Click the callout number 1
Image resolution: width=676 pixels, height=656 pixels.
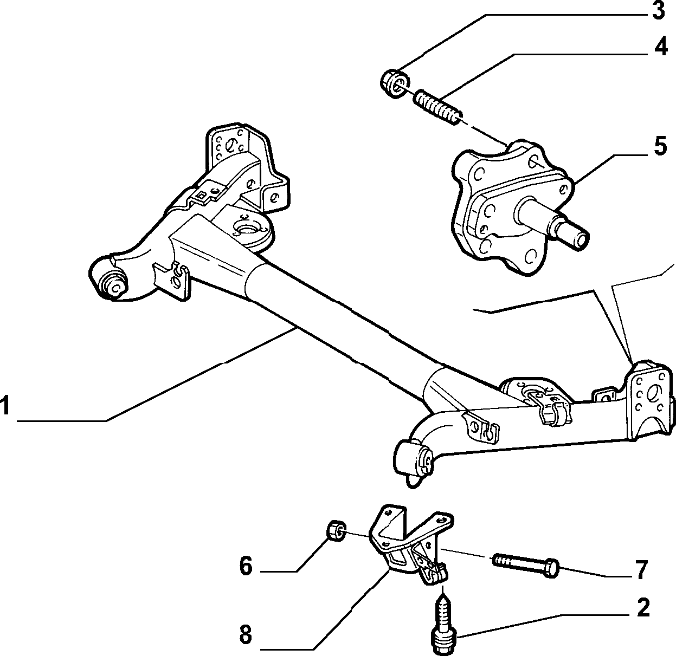pos(5,406)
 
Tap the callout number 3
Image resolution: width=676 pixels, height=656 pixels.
pos(658,11)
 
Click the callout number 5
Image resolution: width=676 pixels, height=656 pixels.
pos(659,146)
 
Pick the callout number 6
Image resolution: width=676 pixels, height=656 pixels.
pos(246,567)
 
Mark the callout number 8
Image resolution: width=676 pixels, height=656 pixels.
pos(246,634)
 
